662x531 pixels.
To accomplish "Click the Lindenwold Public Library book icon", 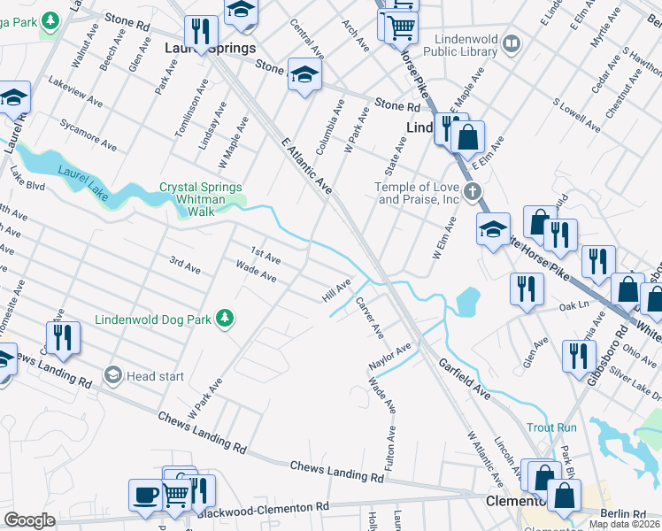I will [511, 43].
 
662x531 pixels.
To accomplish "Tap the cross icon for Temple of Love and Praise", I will [473, 191].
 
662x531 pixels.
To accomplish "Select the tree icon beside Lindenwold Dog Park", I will [226, 318].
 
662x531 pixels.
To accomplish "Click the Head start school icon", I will [112, 376].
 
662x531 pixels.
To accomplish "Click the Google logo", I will [29, 520].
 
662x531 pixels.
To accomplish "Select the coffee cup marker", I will [144, 496].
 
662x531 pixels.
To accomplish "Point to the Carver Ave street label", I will [369, 318].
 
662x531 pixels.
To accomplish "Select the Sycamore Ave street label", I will [89, 133].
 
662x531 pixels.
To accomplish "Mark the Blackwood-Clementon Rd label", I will [263, 511].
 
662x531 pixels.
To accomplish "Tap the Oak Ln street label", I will [574, 306].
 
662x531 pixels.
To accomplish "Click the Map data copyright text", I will [624, 524].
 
